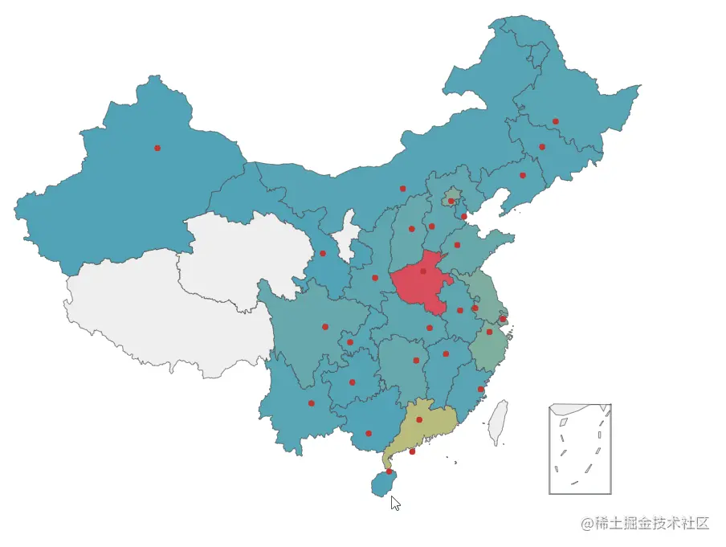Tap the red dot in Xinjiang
point(157,148)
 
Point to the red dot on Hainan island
point(390,471)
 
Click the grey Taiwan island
point(499,422)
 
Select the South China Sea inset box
point(580,449)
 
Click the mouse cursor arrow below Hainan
point(394,503)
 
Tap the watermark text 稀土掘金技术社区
point(646,524)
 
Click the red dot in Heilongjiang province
point(556,121)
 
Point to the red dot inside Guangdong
point(419,419)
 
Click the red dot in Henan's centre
point(423,271)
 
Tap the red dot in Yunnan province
point(312,403)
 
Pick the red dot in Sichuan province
point(325,327)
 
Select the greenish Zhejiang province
point(487,349)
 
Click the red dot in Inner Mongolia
point(403,189)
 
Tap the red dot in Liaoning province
point(523,175)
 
